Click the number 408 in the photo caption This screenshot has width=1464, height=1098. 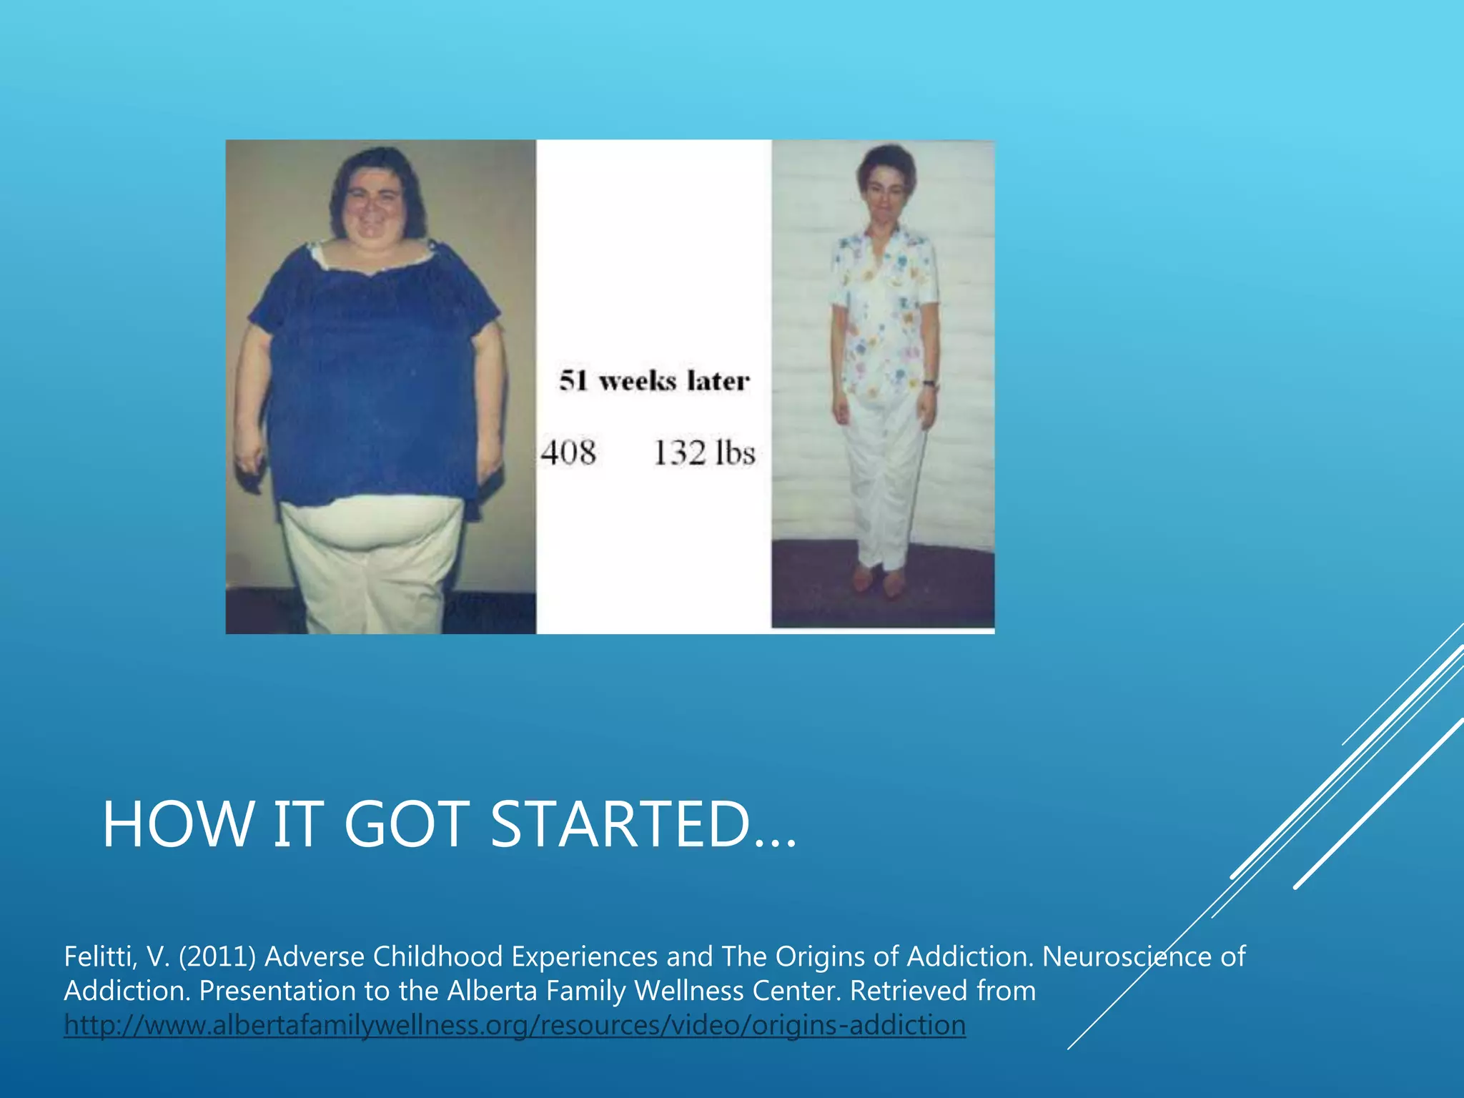[x=568, y=452]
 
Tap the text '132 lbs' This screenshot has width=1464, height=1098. [x=704, y=452]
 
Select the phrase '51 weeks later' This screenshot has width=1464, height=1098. [x=654, y=380]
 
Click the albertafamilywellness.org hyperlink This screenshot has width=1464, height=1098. [x=515, y=1024]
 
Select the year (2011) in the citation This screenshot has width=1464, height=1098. [x=217, y=956]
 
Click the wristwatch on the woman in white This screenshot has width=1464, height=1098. [x=929, y=384]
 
